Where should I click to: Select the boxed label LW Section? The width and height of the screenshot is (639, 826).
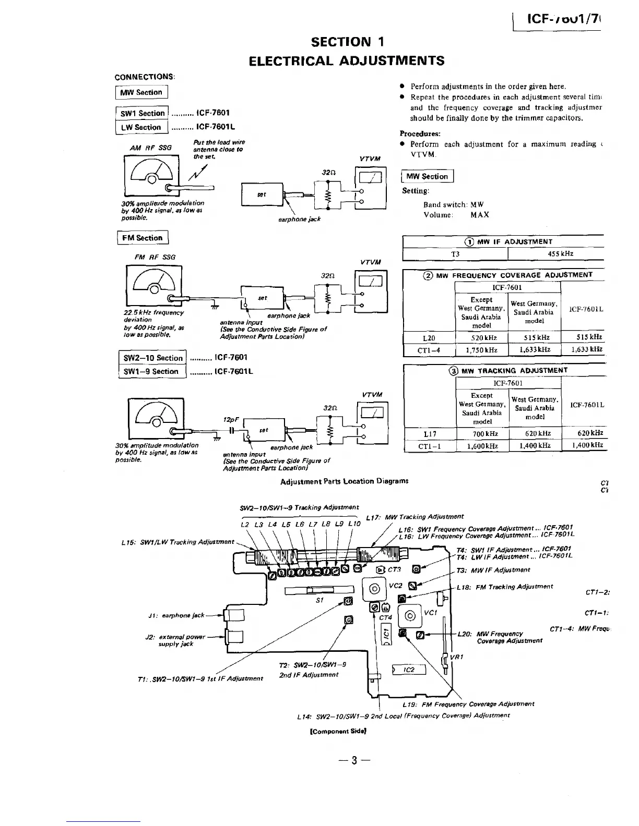coord(141,127)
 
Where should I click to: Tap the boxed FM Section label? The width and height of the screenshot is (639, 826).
coord(143,238)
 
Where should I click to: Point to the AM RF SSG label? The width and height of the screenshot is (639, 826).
coord(151,148)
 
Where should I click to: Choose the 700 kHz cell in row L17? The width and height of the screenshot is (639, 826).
coord(482,433)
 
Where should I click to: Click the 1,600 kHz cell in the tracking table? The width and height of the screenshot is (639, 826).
coord(482,446)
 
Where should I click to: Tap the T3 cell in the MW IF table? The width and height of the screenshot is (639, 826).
coord(455,254)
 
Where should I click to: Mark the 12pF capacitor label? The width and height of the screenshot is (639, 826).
coord(231,420)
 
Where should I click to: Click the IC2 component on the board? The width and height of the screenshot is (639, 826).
coord(409,670)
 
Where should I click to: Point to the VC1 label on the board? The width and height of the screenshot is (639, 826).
coord(430,613)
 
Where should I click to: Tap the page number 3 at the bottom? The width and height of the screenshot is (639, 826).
coord(354,760)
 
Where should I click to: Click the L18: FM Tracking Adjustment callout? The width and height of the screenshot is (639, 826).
coord(504,587)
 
